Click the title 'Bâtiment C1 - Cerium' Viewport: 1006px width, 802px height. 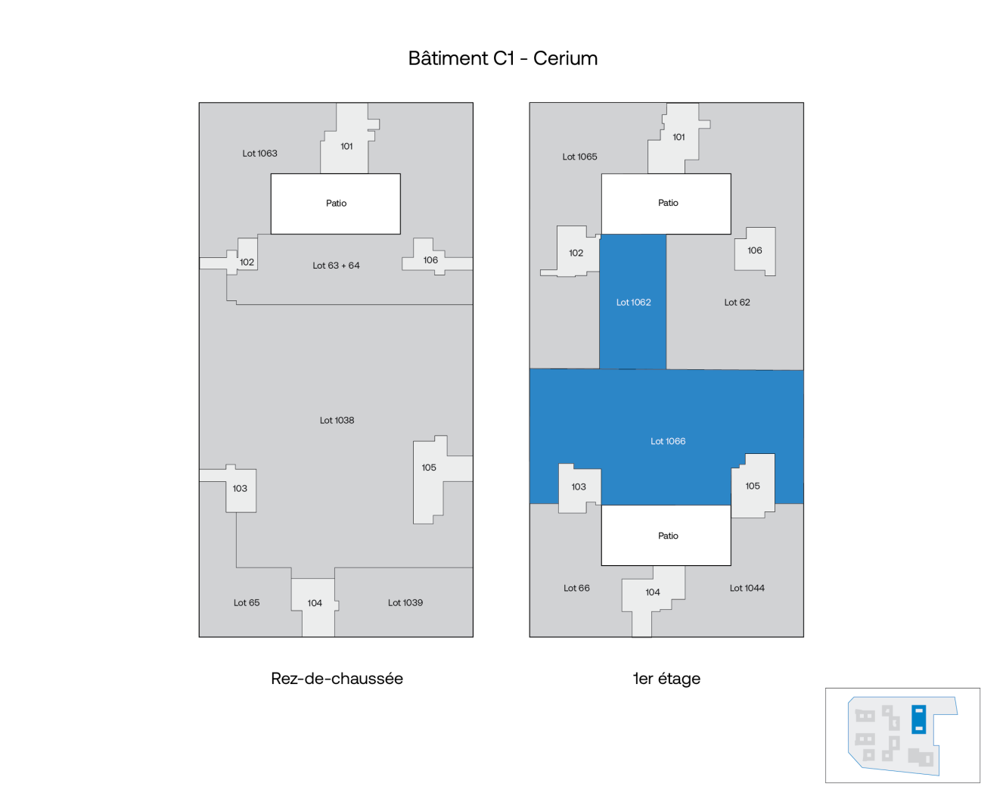click(503, 58)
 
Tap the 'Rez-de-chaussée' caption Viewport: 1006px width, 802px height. click(337, 679)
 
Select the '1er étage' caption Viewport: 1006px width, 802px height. click(666, 679)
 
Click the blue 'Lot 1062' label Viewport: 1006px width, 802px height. click(633, 303)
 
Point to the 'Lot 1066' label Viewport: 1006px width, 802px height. click(668, 441)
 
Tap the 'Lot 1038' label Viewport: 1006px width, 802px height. click(337, 421)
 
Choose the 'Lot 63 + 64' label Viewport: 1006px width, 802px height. click(336, 266)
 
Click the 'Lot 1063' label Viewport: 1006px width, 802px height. click(259, 154)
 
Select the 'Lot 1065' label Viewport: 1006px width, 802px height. click(579, 157)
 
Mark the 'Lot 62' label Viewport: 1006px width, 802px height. click(737, 303)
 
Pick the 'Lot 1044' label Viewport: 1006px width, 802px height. click(747, 589)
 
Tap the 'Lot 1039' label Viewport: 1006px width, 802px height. click(405, 603)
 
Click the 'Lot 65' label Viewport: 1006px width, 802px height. click(246, 603)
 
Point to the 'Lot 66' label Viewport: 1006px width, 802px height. click(576, 589)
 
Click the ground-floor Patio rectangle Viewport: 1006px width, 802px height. click(336, 204)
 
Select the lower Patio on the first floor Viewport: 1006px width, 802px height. click(667, 536)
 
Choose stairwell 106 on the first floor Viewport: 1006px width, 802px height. click(754, 250)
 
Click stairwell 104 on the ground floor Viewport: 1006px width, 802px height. click(315, 604)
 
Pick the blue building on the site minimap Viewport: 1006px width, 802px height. click(919, 719)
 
